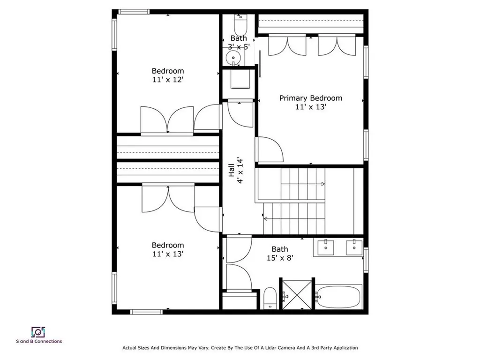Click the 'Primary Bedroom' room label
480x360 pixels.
point(310,98)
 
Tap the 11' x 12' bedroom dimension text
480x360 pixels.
point(167,80)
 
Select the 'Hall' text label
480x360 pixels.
point(231,170)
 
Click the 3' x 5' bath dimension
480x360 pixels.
point(239,46)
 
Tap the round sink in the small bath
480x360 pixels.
point(232,58)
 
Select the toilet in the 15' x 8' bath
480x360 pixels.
point(270,298)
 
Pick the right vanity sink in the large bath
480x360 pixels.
point(354,246)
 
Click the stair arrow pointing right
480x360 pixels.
point(322,184)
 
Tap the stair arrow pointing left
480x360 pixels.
point(266,218)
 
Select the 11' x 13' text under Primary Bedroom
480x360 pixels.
point(310,107)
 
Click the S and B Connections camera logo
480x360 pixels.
point(37,332)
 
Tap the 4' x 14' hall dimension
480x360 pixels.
point(240,170)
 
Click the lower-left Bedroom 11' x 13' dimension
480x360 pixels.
point(167,254)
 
